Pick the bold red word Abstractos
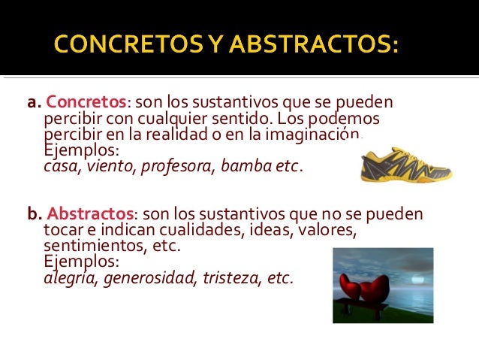click(83, 213)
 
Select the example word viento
click(108, 166)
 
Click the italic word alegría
click(71, 277)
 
